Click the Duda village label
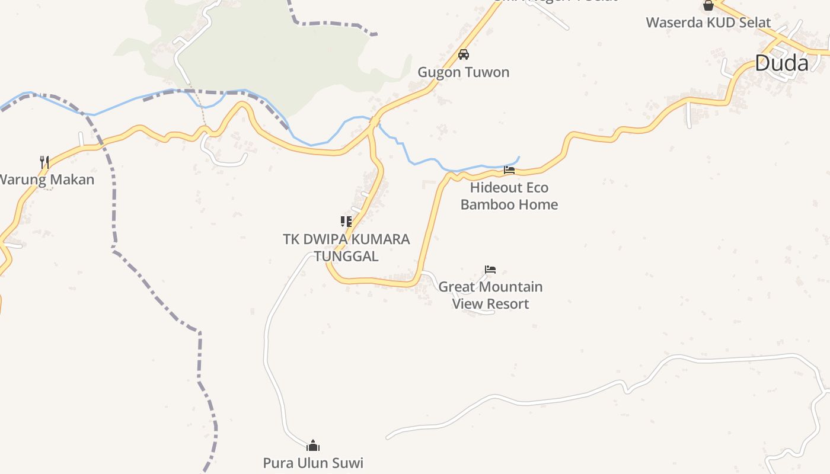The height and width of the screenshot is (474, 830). (x=781, y=63)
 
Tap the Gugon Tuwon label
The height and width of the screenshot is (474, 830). (x=464, y=72)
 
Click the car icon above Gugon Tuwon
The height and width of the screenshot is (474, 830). (x=464, y=55)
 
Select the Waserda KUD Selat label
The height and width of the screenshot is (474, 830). (x=708, y=23)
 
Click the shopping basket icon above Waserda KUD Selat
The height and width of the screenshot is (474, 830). (x=708, y=5)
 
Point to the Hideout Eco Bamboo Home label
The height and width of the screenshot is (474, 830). (x=509, y=196)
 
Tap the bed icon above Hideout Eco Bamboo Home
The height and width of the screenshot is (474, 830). (x=509, y=170)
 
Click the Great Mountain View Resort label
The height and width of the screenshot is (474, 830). (x=490, y=295)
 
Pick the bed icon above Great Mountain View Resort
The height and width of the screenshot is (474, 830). (x=490, y=269)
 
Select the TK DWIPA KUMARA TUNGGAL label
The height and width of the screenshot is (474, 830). (x=346, y=248)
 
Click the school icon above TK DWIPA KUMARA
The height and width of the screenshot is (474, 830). (x=346, y=222)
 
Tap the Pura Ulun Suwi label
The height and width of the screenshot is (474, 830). (x=313, y=463)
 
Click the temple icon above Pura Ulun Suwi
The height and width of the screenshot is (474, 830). (x=313, y=446)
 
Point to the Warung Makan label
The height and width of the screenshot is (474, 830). (x=46, y=179)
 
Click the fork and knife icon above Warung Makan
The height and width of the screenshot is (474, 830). (x=44, y=161)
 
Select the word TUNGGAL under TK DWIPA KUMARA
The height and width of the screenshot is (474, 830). (x=346, y=256)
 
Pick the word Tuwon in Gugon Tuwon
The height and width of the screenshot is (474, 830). (x=486, y=72)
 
